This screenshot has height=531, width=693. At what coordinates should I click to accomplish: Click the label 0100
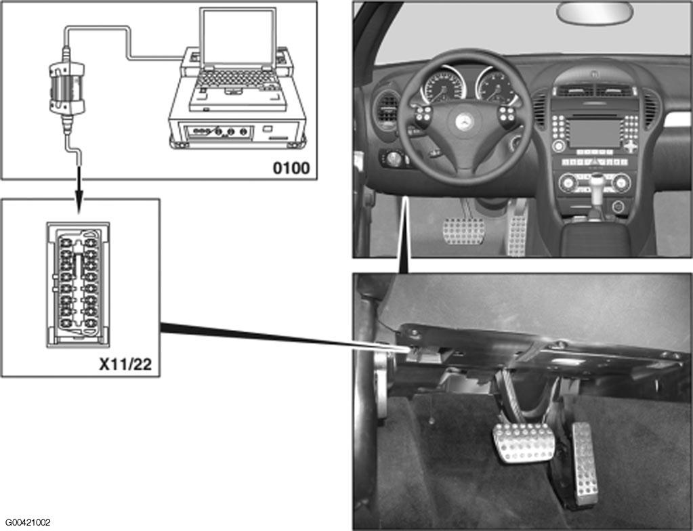[x=291, y=167]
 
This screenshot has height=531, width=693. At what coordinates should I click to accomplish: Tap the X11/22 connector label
[x=125, y=364]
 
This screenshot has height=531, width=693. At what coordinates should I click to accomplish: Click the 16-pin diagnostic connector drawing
[x=78, y=284]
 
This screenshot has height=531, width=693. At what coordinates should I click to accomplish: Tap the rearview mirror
[x=595, y=12]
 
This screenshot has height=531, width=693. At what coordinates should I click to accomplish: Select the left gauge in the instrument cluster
[x=444, y=87]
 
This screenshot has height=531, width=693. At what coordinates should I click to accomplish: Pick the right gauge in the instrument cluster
[x=496, y=87]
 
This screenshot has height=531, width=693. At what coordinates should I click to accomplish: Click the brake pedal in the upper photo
[x=463, y=232]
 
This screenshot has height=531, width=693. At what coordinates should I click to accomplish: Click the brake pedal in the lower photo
[x=524, y=442]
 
